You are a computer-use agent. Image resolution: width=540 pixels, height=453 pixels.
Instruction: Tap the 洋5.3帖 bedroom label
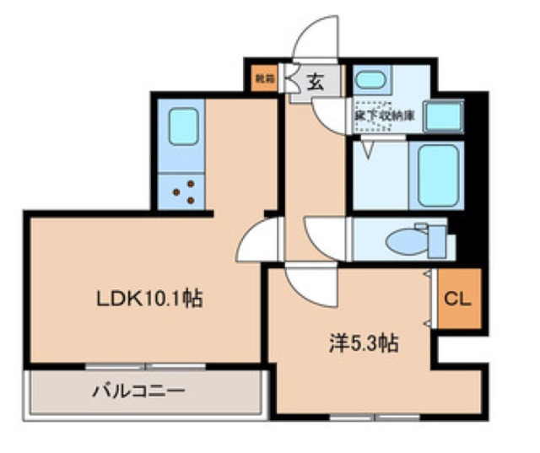pyautogui.click(x=364, y=343)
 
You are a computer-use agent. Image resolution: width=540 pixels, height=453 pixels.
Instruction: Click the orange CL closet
pyautogui.click(x=457, y=299)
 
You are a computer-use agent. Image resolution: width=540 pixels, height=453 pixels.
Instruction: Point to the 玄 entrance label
pyautogui.click(x=315, y=83)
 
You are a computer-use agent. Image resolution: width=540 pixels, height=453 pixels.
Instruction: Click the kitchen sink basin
pyautogui.click(x=182, y=126)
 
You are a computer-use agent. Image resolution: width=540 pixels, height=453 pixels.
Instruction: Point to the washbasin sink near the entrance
pyautogui.click(x=369, y=82)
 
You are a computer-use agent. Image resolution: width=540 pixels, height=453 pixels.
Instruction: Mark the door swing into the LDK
pyautogui.click(x=257, y=240)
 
